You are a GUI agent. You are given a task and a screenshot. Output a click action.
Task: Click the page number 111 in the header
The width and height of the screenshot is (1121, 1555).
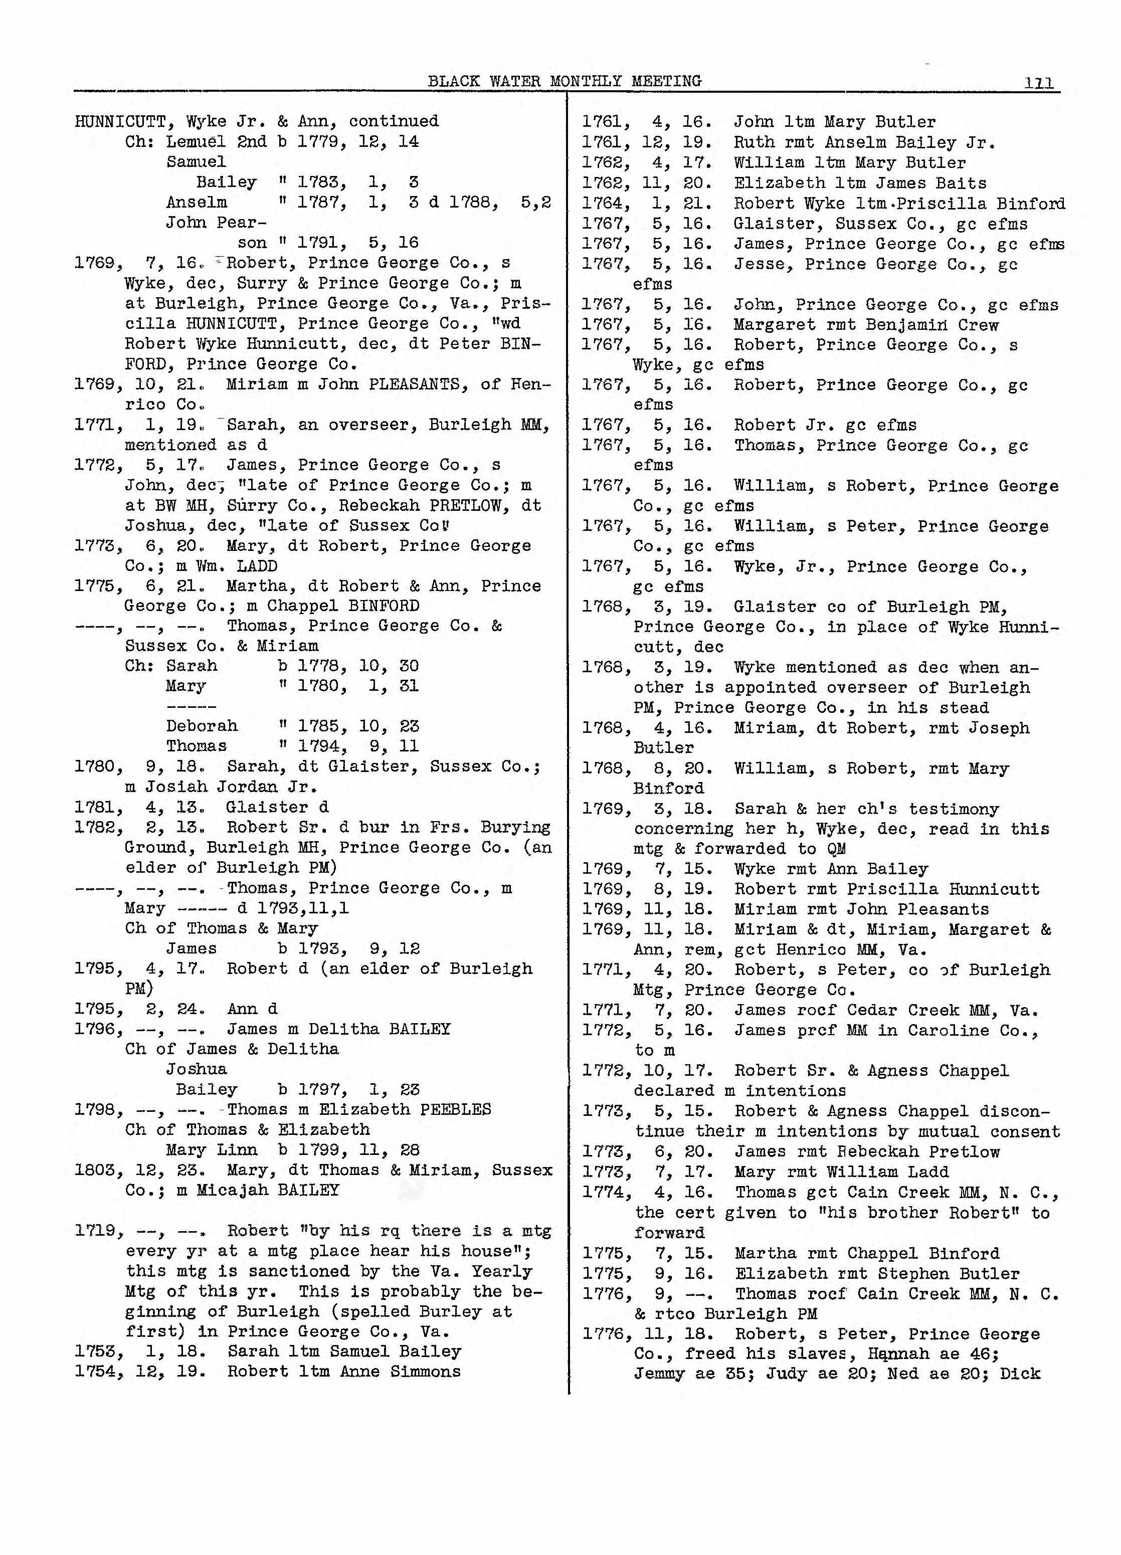tap(1039, 83)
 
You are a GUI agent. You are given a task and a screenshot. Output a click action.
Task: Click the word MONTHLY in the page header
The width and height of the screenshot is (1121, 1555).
tap(585, 81)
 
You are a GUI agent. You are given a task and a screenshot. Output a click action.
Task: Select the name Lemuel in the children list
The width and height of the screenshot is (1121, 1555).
tap(196, 142)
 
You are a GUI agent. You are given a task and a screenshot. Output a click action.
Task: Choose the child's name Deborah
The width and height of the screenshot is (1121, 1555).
tap(202, 726)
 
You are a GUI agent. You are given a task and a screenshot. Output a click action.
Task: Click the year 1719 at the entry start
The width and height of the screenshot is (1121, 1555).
tap(95, 1231)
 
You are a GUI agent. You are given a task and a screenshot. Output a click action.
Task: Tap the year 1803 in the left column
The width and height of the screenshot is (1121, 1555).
tap(95, 1171)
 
